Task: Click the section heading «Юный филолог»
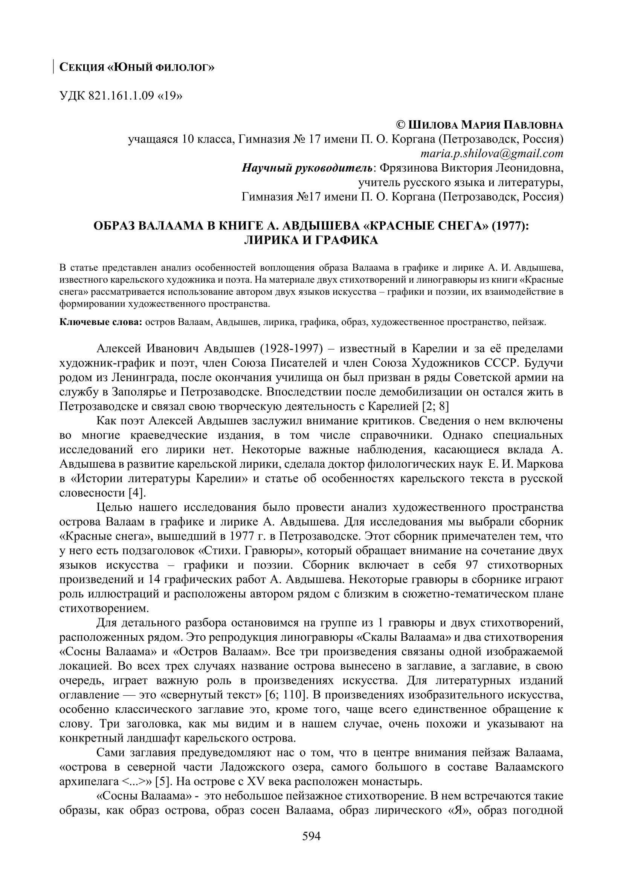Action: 137,67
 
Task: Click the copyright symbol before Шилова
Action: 400,125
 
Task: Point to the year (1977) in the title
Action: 510,225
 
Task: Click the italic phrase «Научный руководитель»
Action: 307,168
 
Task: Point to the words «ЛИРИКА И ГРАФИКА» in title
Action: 311,240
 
